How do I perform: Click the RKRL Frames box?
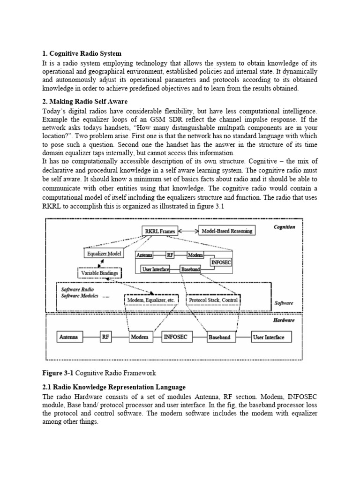tap(159, 231)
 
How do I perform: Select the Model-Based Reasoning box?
tap(227, 231)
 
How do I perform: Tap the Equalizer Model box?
tap(104, 254)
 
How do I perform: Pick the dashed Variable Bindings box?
tap(99, 273)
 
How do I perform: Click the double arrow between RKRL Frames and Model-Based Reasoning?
tap(188, 231)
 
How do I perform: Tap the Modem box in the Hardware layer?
tap(140, 337)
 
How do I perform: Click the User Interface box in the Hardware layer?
tap(268, 337)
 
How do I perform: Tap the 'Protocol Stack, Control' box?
tap(214, 300)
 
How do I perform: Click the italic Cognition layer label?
tap(285, 227)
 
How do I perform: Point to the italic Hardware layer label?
tap(284, 320)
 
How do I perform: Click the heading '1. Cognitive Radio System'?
tap(82, 53)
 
